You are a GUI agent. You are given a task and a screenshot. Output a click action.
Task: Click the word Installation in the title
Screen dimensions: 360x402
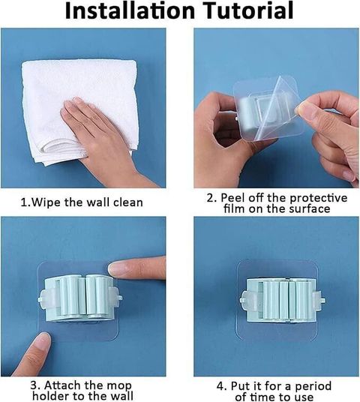click(130, 10)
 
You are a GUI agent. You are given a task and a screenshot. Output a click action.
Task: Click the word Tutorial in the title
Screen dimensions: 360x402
click(249, 10)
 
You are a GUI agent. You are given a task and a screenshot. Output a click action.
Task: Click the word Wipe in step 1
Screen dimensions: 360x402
click(46, 202)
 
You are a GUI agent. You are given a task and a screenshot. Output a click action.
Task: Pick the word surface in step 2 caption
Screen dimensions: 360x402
click(310, 208)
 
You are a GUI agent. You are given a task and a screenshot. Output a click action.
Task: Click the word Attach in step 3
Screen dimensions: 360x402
click(60, 385)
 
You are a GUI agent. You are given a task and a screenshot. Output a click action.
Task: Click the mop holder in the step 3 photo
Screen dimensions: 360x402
click(80, 298)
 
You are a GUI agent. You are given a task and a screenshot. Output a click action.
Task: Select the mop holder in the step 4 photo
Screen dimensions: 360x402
click(283, 300)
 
